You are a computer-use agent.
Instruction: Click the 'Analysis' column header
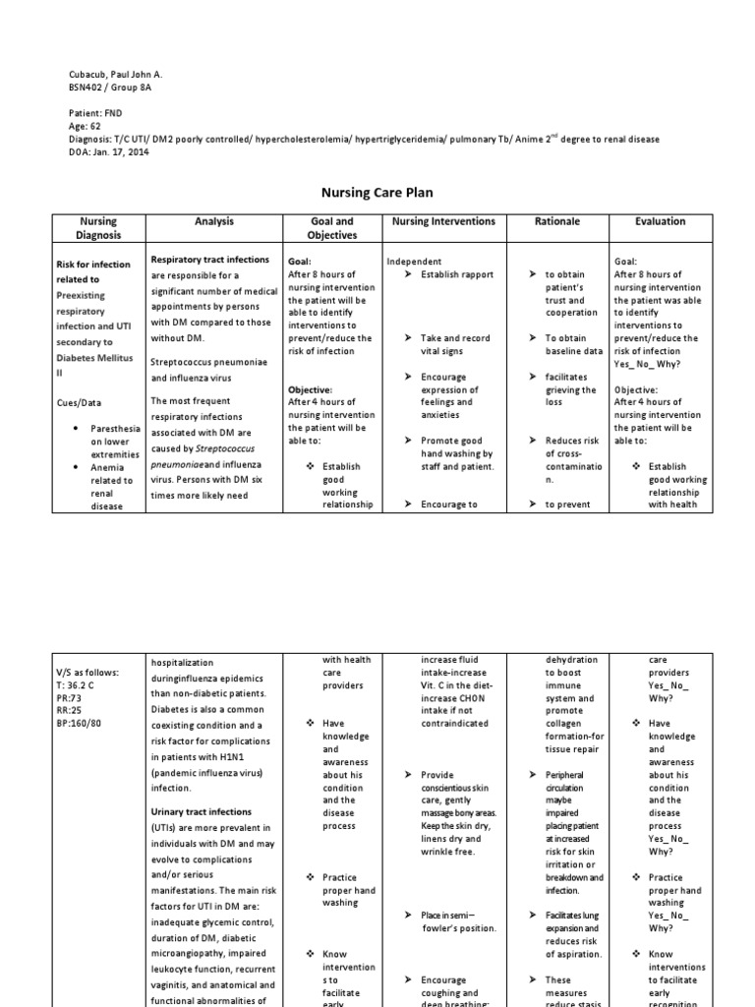(x=213, y=222)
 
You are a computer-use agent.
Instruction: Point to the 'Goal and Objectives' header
(x=330, y=228)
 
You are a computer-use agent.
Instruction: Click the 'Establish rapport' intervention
(x=456, y=274)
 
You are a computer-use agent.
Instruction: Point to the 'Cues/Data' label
(x=80, y=403)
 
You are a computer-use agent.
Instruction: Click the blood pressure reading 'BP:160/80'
(x=81, y=723)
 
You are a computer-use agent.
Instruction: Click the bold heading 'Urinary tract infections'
(x=201, y=812)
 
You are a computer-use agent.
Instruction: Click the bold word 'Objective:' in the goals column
(x=310, y=389)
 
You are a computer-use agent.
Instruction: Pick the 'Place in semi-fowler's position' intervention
(x=456, y=921)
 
